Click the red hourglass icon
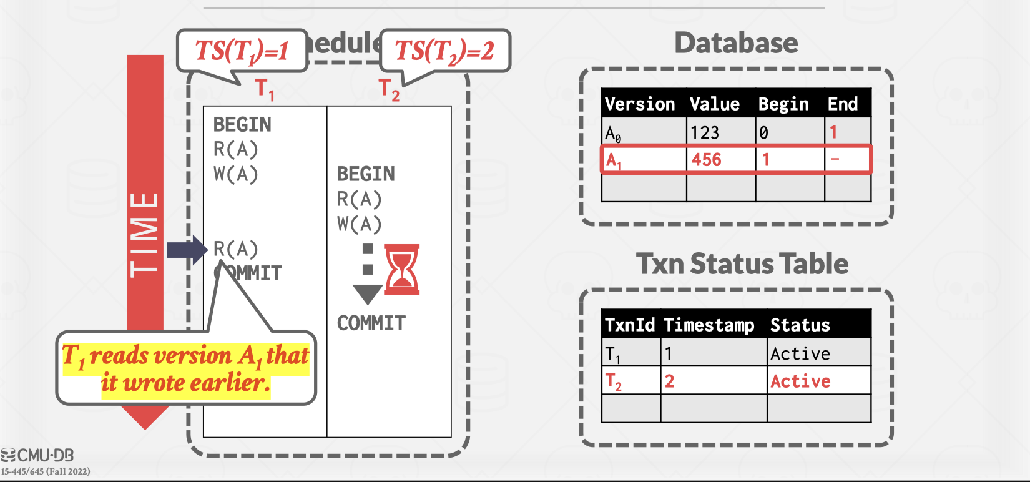402,270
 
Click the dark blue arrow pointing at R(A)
187,250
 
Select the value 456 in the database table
706,160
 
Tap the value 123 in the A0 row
705,132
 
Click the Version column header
640,104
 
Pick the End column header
843,104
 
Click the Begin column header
783,104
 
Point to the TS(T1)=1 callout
242,51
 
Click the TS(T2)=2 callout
445,51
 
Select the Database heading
736,43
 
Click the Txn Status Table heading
742,263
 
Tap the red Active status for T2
800,381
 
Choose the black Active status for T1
800,353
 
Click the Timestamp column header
709,325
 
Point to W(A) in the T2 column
359,224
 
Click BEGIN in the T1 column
242,125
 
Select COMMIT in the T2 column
371,323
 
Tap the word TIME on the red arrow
144,235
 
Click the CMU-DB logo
37,455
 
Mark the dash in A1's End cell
835,160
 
